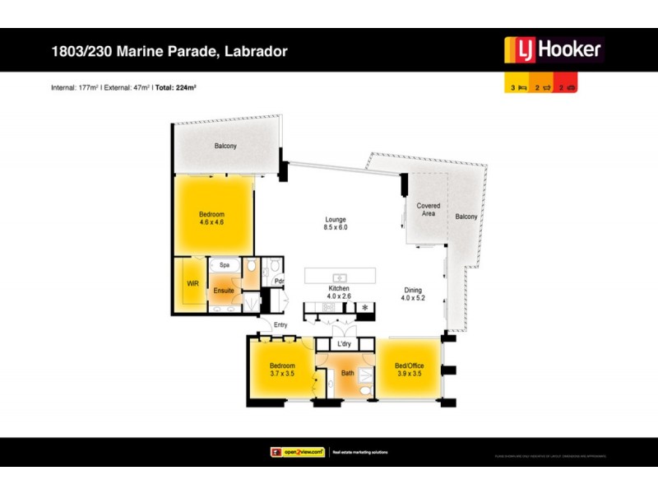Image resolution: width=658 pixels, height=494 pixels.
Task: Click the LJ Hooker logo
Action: pyautogui.click(x=553, y=50)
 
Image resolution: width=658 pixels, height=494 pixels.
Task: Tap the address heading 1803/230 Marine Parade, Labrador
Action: pyautogui.click(x=169, y=52)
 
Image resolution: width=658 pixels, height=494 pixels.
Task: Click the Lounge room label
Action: pyautogui.click(x=335, y=220)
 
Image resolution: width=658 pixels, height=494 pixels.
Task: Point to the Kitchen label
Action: pyautogui.click(x=339, y=289)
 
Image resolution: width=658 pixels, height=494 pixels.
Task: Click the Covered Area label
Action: pyautogui.click(x=428, y=209)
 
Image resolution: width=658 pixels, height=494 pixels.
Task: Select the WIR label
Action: pyautogui.click(x=192, y=283)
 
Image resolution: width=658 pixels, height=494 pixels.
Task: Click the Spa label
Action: pyautogui.click(x=223, y=266)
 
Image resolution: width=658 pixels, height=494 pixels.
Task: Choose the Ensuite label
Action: pyautogui.click(x=225, y=291)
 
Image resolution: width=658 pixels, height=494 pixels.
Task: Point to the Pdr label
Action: pyautogui.click(x=279, y=280)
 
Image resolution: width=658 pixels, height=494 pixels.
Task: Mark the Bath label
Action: pyautogui.click(x=349, y=373)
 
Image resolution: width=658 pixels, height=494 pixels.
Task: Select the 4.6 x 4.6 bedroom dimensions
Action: pyautogui.click(x=211, y=222)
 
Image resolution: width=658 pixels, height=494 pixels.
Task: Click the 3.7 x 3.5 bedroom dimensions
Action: pyautogui.click(x=282, y=373)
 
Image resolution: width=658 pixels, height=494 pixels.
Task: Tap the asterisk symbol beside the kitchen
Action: pyautogui.click(x=364, y=308)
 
